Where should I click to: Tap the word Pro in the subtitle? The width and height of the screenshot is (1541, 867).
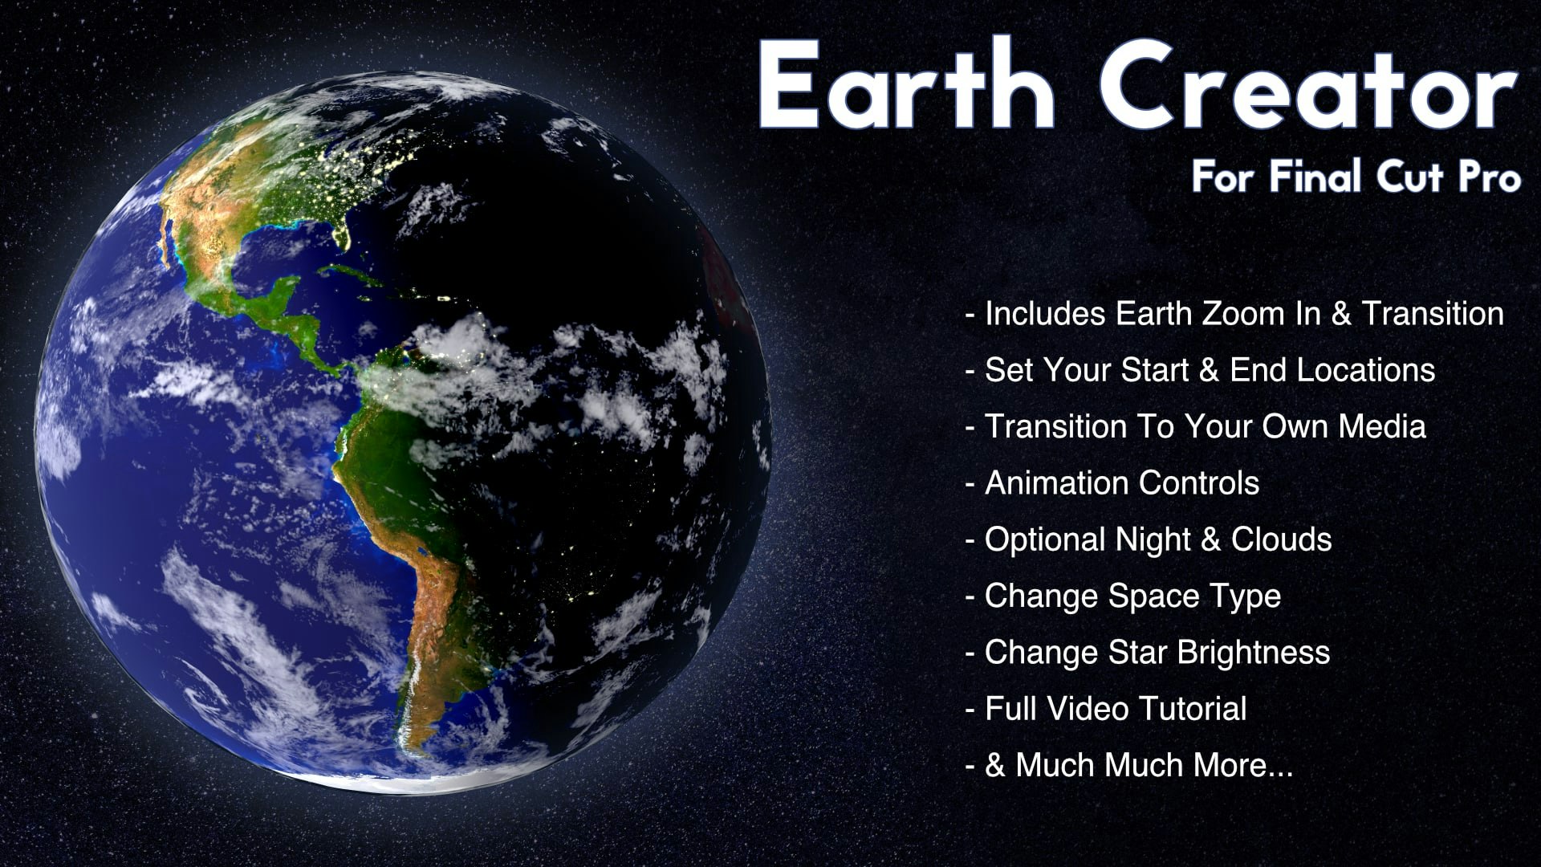pos(1490,177)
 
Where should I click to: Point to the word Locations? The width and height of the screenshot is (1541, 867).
pos(1366,370)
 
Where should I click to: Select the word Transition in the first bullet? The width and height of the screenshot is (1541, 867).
pos(1433,314)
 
